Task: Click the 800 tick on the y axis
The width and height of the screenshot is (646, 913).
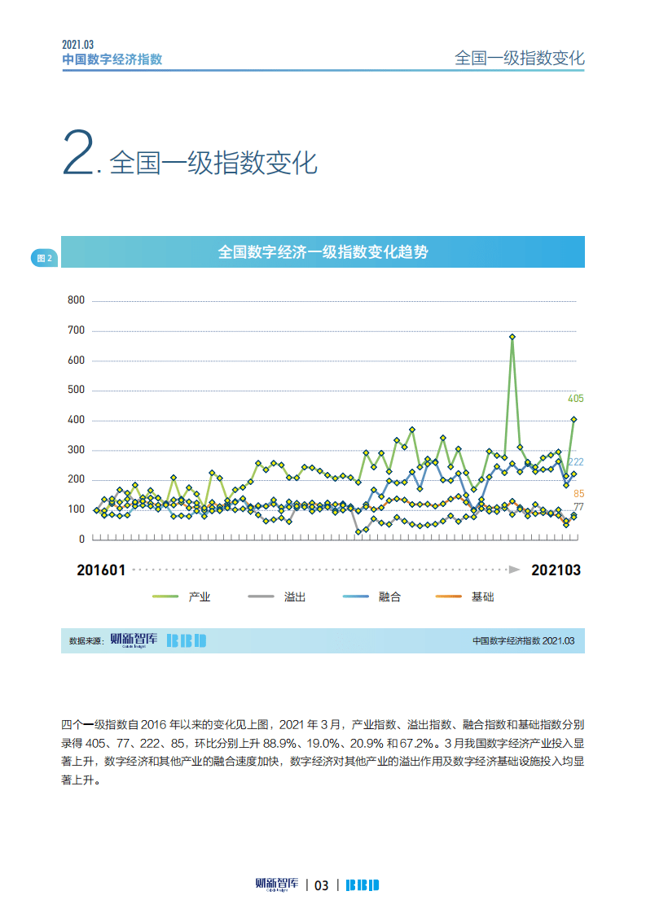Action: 76,300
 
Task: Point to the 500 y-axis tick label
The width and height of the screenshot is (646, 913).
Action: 76,390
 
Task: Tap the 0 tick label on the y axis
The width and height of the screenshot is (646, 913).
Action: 81,539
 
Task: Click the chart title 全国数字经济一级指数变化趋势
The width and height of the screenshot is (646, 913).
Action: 323,252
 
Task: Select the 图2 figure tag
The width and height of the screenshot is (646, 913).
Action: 44,259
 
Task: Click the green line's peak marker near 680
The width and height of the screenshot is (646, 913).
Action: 512,336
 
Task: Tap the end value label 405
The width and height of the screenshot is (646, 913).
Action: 575,399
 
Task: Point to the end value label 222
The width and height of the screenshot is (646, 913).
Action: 575,462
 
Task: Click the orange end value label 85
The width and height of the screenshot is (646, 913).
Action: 578,494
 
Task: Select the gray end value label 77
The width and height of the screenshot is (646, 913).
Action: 578,507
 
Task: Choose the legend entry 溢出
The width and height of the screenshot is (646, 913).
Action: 295,597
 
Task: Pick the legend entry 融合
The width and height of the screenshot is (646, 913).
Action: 390,597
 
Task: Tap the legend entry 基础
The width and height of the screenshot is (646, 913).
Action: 482,597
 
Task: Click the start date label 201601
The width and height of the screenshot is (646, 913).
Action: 101,570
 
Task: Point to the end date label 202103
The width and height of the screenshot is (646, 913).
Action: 556,570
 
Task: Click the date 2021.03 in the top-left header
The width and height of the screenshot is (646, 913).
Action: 78,46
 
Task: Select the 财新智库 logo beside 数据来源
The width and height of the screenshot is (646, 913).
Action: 134,640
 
